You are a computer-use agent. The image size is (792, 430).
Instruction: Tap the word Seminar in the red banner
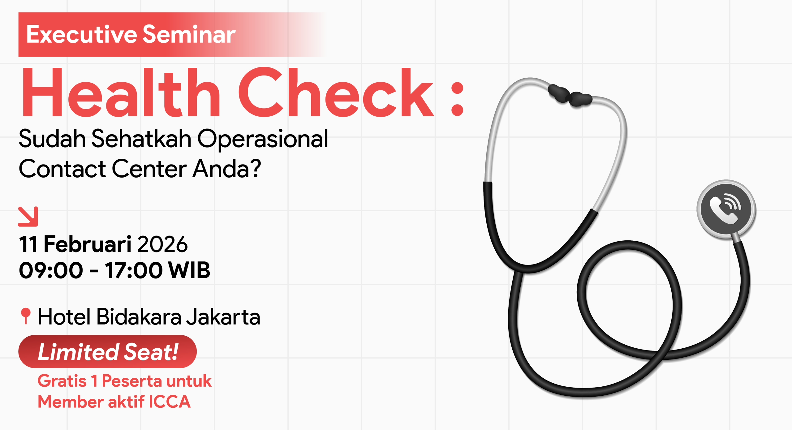(x=189, y=34)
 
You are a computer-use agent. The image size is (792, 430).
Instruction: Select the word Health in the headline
(x=121, y=92)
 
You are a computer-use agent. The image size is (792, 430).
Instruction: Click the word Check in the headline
(x=336, y=92)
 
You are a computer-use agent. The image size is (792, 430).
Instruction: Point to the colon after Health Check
(x=457, y=99)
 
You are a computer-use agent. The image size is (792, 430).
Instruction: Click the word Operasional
(x=263, y=139)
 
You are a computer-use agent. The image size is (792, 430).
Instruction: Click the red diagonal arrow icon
(x=28, y=217)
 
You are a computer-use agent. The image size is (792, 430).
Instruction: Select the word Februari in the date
(x=88, y=244)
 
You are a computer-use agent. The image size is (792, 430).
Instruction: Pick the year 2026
(x=162, y=244)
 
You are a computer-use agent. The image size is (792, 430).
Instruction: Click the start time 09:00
(x=51, y=270)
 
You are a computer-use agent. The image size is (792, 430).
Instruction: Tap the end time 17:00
(x=133, y=270)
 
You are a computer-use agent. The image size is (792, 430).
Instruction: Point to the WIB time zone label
(x=189, y=270)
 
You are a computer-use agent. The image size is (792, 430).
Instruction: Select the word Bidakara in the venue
(x=139, y=317)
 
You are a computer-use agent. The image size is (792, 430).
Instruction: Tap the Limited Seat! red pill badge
(x=107, y=352)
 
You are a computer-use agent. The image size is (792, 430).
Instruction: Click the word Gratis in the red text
(x=62, y=381)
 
